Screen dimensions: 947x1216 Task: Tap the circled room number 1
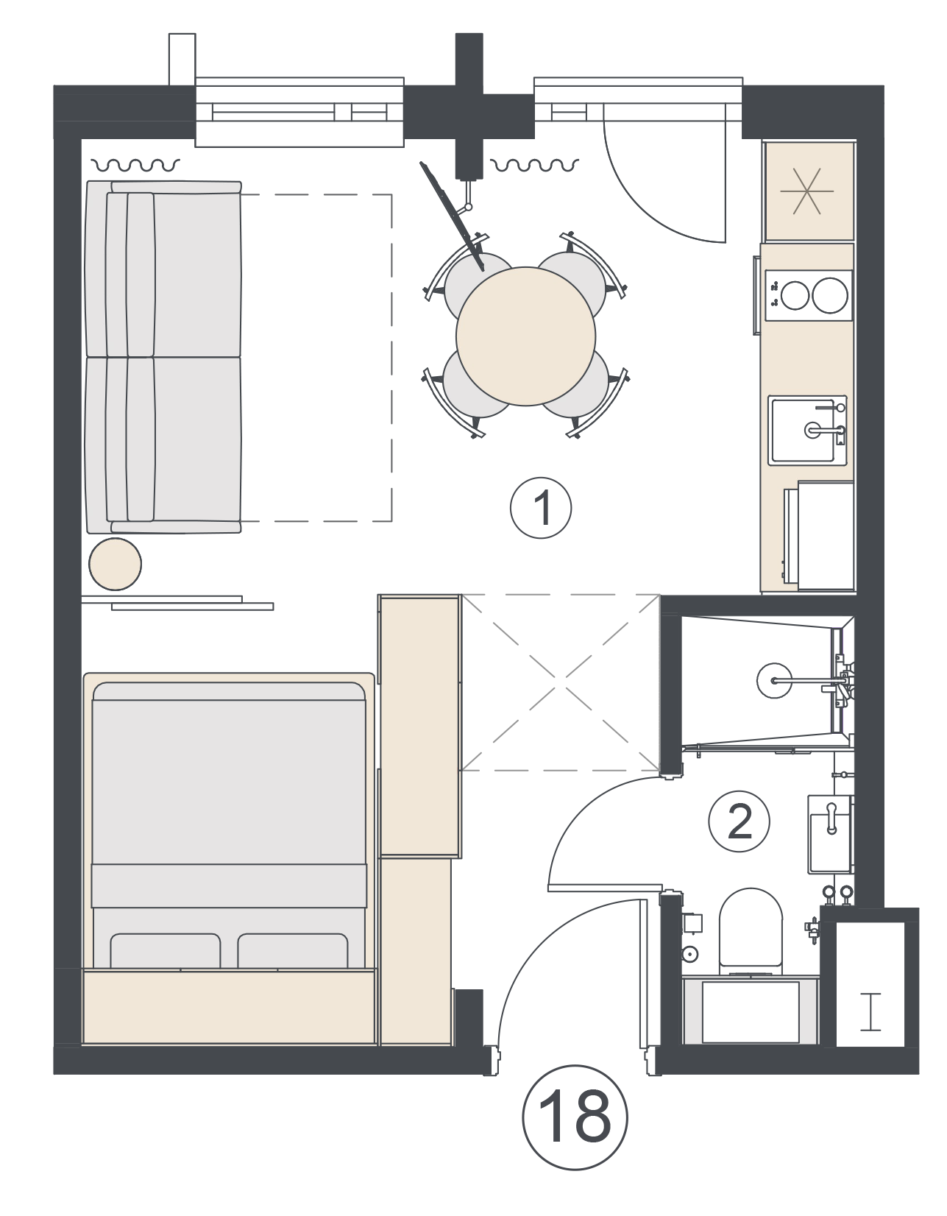(x=540, y=508)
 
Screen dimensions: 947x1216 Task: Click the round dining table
(x=525, y=336)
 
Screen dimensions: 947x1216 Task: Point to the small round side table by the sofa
(x=116, y=564)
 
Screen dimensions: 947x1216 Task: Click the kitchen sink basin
(x=806, y=430)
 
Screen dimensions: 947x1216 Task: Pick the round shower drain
(x=774, y=680)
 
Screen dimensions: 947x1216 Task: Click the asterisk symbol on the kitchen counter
(x=806, y=191)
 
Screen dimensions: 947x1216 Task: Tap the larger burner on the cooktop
(x=830, y=295)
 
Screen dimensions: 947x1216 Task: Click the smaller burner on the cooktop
(x=794, y=295)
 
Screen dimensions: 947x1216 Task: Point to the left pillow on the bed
(x=165, y=951)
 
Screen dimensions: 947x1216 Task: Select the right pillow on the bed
(x=293, y=951)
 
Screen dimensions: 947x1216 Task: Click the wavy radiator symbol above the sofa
(x=136, y=165)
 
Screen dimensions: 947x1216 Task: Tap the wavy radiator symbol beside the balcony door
(x=534, y=164)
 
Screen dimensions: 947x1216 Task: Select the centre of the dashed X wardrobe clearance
(x=560, y=682)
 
